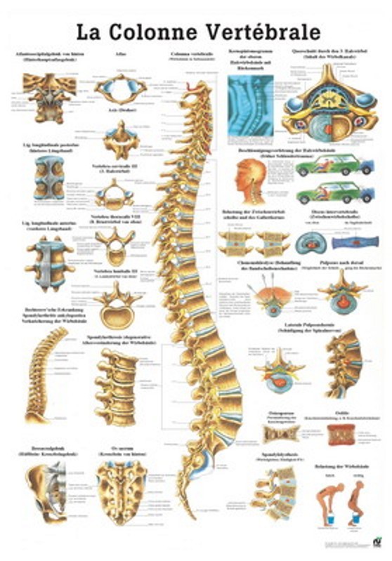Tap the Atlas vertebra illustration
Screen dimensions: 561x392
121,89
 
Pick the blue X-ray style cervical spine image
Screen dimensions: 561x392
251,98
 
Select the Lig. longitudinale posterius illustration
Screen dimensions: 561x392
49,178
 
